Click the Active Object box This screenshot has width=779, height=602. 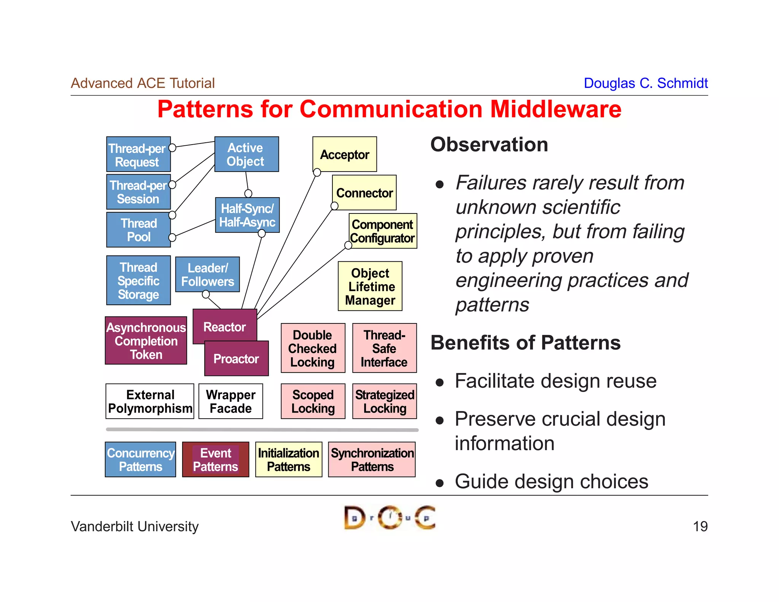pyautogui.click(x=246, y=154)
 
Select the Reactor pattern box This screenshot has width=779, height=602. pyautogui.click(x=224, y=326)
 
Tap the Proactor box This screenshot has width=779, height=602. pyautogui.click(x=236, y=358)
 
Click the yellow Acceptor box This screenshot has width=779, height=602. pyautogui.click(x=345, y=154)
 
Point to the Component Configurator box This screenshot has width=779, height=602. pyautogui.click(x=383, y=231)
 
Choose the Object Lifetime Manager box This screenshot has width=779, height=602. pyautogui.click(x=370, y=286)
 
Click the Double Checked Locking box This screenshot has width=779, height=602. pyautogui.click(x=313, y=348)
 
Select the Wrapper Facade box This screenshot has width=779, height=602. pyautogui.click(x=231, y=401)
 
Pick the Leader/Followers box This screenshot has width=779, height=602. pyautogui.click(x=207, y=274)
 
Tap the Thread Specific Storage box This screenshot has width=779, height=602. pyautogui.click(x=138, y=280)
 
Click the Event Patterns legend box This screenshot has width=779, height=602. pyautogui.click(x=215, y=459)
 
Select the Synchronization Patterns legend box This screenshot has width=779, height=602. pyautogui.click(x=372, y=459)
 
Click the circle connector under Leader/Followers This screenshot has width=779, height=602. pyautogui.click(x=206, y=294)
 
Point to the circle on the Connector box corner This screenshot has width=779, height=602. pyautogui.click(x=334, y=206)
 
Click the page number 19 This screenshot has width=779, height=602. pyautogui.click(x=700, y=526)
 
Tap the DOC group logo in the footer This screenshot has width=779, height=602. pyautogui.click(x=389, y=518)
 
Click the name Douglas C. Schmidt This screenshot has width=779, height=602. pyautogui.click(x=645, y=83)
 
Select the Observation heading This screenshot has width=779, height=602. pyautogui.click(x=489, y=145)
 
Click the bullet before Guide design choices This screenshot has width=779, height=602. pyautogui.click(x=440, y=483)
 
